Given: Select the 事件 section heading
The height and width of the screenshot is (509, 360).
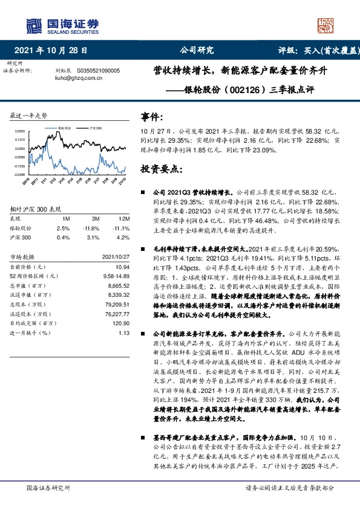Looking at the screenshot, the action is [151, 117].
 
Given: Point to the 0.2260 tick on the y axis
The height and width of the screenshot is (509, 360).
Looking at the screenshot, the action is [20, 131].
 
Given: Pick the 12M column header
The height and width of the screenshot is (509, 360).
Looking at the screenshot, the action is [123, 218].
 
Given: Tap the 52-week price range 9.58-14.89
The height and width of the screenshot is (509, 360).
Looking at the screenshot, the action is [114, 275].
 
